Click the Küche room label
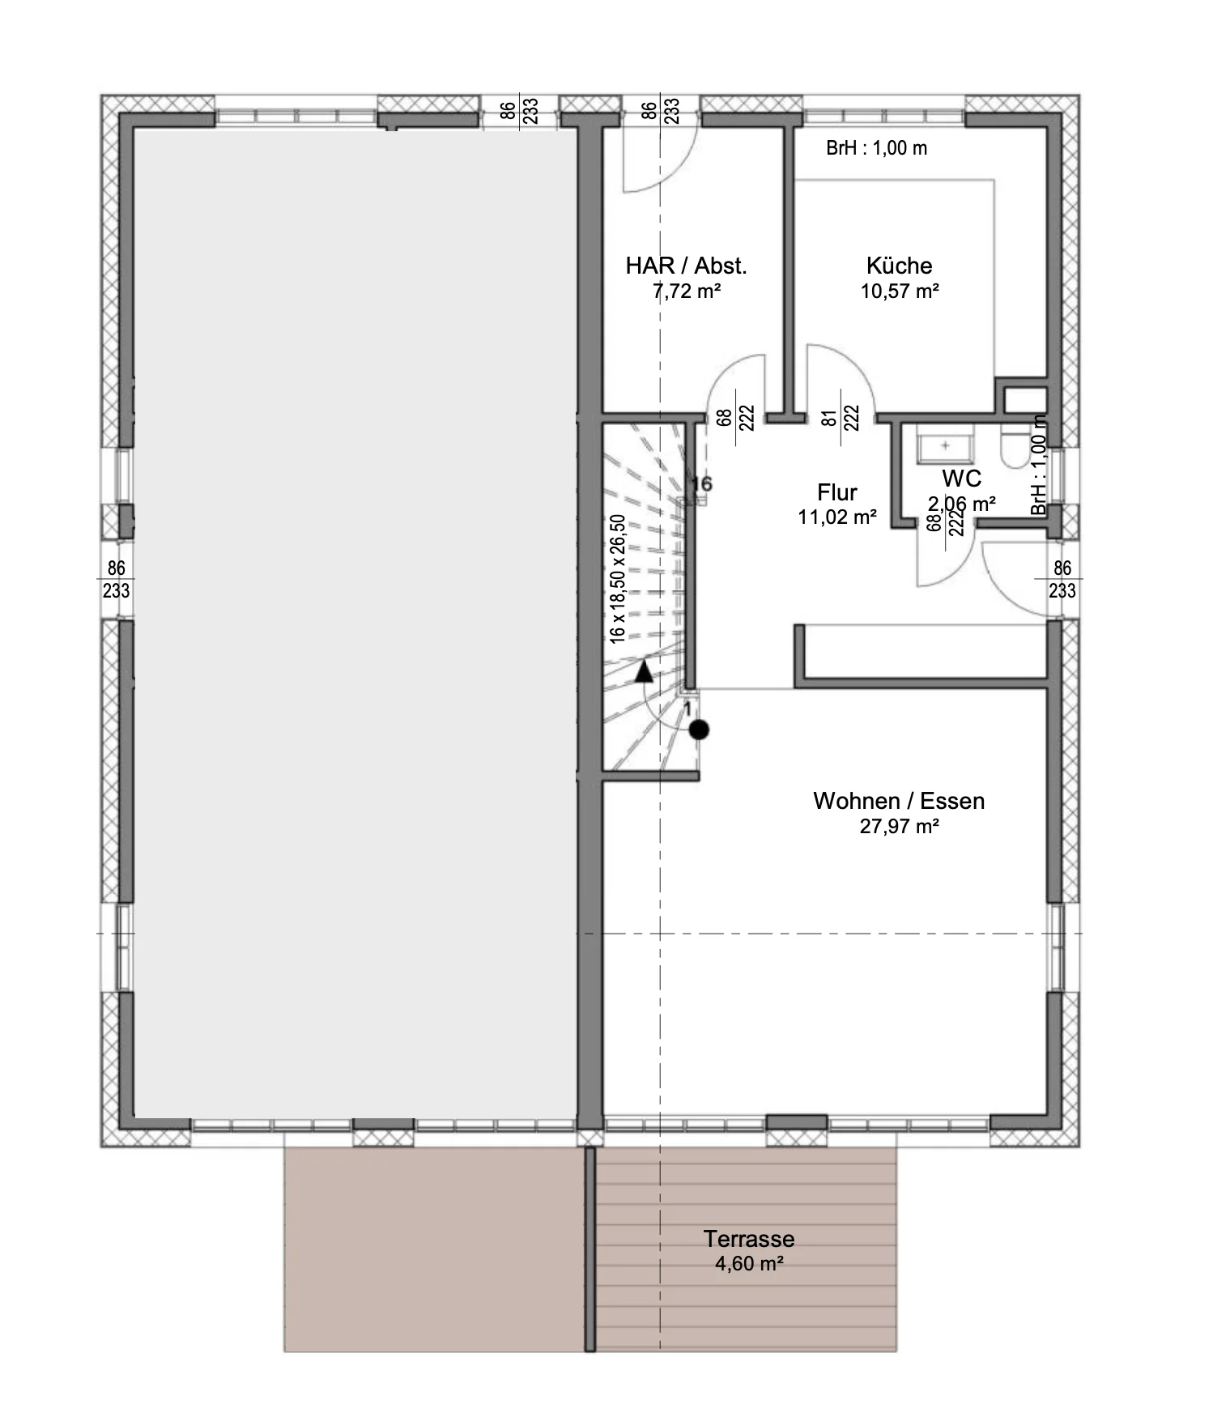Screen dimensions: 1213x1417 point(899,266)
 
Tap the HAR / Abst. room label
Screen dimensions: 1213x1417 point(686,266)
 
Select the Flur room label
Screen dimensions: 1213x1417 point(837,492)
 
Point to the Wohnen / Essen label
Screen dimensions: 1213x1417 point(899,801)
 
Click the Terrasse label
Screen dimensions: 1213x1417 point(749,1239)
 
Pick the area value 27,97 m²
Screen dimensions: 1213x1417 point(900,827)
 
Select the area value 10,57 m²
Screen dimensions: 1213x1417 point(900,291)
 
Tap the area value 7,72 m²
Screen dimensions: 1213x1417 point(687,291)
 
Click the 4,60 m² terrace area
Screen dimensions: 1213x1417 point(749,1264)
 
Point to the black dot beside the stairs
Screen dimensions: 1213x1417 point(699,730)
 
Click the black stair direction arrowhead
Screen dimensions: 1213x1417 point(644,670)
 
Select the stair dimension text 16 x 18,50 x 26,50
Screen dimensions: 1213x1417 point(618,579)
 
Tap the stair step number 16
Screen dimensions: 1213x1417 point(701,484)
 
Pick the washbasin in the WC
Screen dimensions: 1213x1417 point(945,446)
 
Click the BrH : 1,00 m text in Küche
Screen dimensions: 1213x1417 point(876,148)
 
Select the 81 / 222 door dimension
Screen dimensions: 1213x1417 point(840,418)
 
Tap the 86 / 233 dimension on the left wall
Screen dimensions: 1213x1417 point(116,580)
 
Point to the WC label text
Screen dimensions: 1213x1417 point(961,478)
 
